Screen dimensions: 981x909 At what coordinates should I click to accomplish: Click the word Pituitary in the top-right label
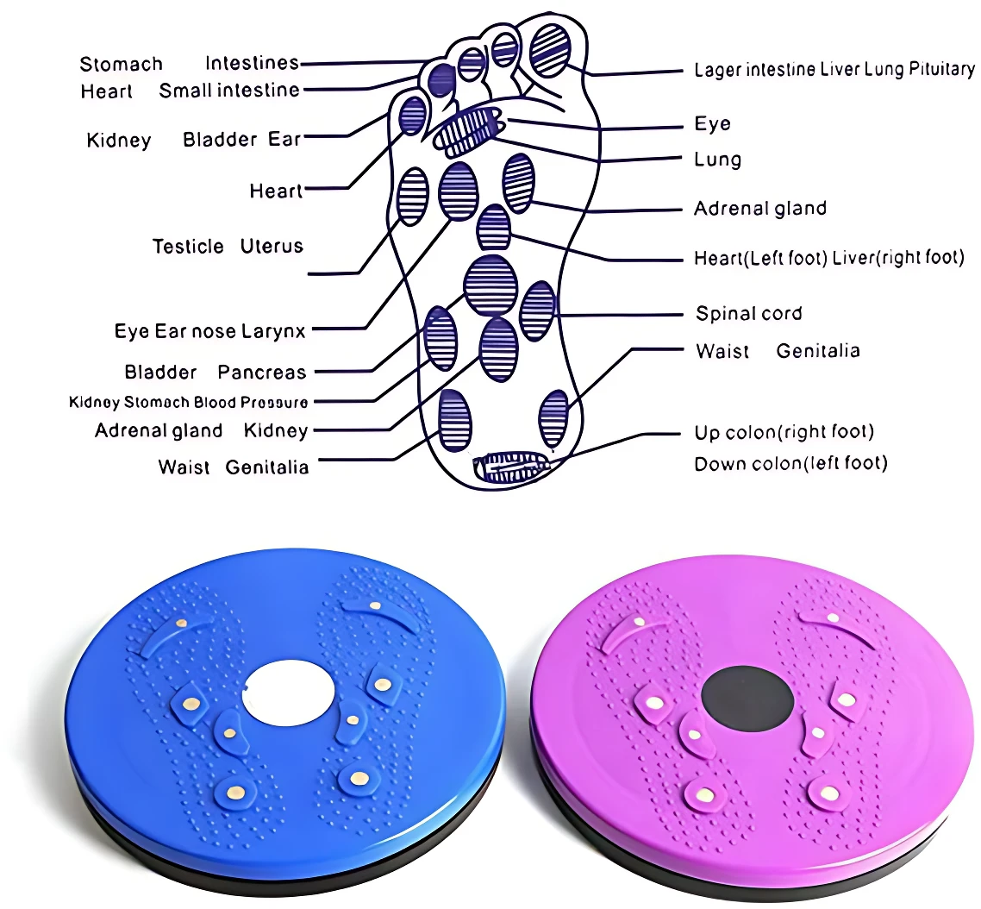click(x=941, y=68)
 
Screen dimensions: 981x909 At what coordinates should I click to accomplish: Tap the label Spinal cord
click(x=749, y=313)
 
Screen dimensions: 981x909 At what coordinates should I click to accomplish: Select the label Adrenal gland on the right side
click(x=760, y=209)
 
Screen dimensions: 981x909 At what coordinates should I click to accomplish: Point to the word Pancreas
click(x=261, y=373)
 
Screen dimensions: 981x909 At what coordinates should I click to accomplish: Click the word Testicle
click(x=188, y=246)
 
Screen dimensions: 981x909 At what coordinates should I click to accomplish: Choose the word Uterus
click(x=272, y=246)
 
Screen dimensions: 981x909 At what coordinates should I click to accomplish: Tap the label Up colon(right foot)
click(x=784, y=432)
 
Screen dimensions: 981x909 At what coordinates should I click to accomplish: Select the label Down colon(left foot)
click(x=790, y=464)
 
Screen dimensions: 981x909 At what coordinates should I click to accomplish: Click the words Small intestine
click(x=229, y=91)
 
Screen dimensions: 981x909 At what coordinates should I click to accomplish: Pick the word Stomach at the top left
click(x=121, y=64)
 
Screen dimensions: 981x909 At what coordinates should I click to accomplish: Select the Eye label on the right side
click(x=712, y=124)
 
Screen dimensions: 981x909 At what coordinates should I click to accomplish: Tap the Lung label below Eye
click(x=717, y=160)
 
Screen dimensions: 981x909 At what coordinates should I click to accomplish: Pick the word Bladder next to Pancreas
click(x=160, y=373)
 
